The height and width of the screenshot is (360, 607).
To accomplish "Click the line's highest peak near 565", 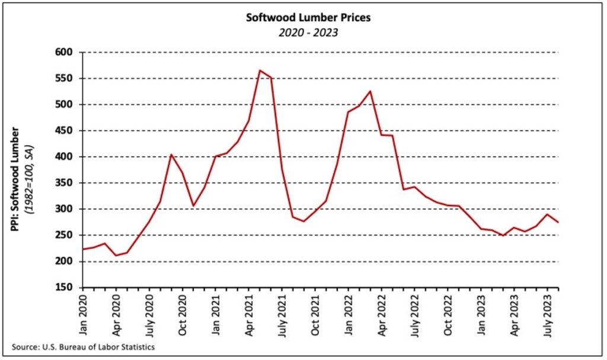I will pos(260,70).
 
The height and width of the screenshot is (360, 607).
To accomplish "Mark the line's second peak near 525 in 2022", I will pos(370,91).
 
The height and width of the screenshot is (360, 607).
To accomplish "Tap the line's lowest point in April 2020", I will pos(116,256).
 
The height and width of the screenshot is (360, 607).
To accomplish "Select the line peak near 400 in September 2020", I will pos(171,155).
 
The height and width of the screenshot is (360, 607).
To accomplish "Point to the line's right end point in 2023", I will pos(558,222).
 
